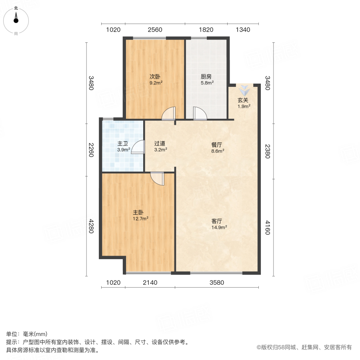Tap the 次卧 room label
click(x=155, y=76)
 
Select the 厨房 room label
click(x=207, y=76)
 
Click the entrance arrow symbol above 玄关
click(x=244, y=90)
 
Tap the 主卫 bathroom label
click(x=122, y=144)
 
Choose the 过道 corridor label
click(x=160, y=144)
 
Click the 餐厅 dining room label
click(x=217, y=145)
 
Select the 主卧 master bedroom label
click(x=138, y=213)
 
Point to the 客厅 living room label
click(x=217, y=221)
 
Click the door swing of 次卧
click(x=169, y=114)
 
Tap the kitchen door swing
click(x=199, y=114)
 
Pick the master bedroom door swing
click(x=158, y=179)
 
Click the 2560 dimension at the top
click(x=155, y=30)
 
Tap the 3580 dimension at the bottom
click(x=217, y=283)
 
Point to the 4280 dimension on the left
click(x=91, y=226)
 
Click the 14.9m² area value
click(x=220, y=228)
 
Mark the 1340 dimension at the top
click(x=243, y=30)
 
